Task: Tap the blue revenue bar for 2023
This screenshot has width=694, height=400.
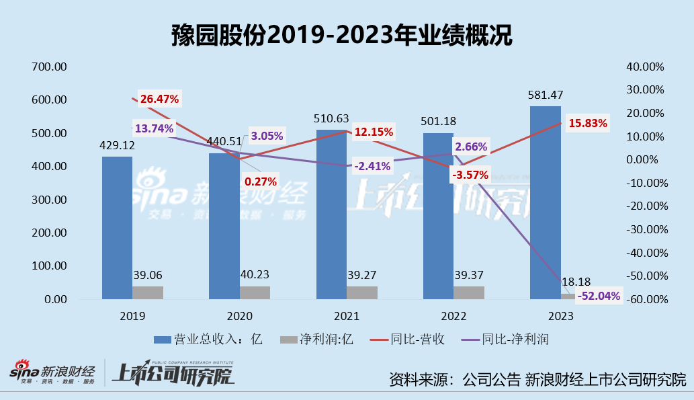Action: point(545,202)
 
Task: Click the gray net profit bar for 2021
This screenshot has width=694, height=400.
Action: point(362,292)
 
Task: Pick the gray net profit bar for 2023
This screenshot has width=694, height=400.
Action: point(568,296)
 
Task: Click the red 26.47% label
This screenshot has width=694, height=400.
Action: point(160,99)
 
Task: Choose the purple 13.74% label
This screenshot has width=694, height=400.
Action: point(154,128)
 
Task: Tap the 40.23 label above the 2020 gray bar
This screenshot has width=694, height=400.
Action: point(255,274)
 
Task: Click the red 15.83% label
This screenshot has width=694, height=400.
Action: point(587,123)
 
